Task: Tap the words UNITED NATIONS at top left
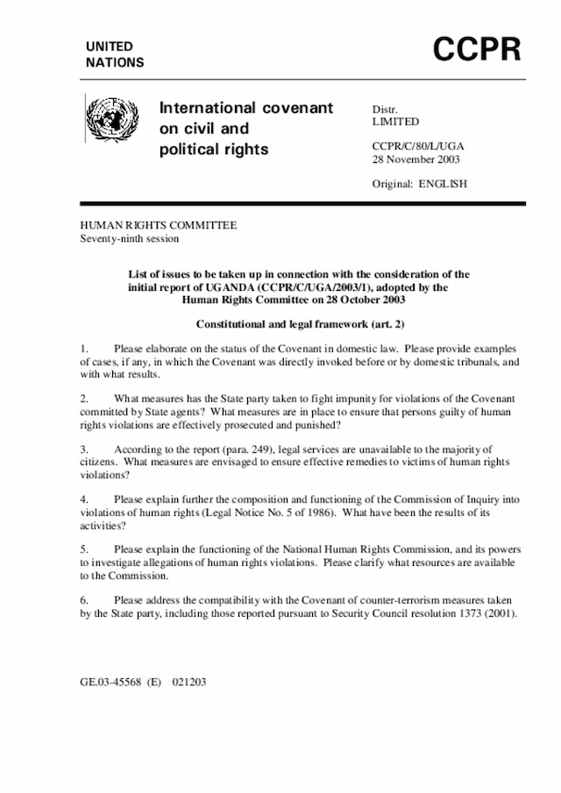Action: pyautogui.click(x=115, y=54)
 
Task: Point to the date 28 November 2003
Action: pyautogui.click(x=416, y=159)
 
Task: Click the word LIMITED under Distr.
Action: pyautogui.click(x=395, y=122)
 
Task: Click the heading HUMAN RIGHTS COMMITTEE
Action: pyautogui.click(x=159, y=226)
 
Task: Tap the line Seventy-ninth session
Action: pyautogui.click(x=131, y=239)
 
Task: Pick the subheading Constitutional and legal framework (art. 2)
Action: pyautogui.click(x=299, y=323)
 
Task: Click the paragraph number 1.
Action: pyautogui.click(x=83, y=349)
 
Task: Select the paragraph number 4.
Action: pyautogui.click(x=83, y=499)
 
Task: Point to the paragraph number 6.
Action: pyautogui.click(x=83, y=600)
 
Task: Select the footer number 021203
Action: pyautogui.click(x=188, y=680)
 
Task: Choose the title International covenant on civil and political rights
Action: pyautogui.click(x=245, y=129)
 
